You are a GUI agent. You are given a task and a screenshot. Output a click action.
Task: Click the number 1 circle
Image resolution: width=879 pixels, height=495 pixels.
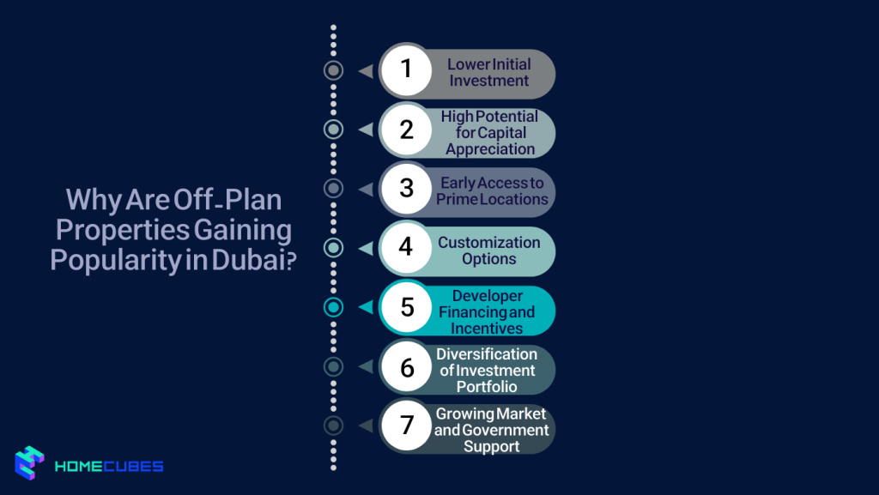tap(407, 69)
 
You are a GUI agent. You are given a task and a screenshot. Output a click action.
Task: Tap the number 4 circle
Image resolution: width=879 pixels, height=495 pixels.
tap(407, 248)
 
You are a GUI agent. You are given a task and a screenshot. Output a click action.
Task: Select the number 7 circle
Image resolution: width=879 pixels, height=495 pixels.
tap(407, 426)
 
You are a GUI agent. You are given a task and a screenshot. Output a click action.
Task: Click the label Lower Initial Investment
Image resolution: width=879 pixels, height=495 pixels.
tap(488, 72)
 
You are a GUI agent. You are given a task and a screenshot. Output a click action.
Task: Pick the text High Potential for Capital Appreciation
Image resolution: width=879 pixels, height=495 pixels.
tap(490, 132)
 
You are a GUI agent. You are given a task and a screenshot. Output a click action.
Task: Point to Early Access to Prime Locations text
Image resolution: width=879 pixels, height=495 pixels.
tap(492, 190)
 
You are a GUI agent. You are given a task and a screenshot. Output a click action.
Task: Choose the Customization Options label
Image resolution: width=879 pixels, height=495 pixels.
tap(489, 251)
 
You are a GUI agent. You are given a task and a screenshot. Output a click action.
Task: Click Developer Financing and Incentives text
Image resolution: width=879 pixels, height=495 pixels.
tap(487, 311)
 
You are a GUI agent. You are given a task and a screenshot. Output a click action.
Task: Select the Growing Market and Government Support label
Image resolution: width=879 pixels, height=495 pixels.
tap(491, 430)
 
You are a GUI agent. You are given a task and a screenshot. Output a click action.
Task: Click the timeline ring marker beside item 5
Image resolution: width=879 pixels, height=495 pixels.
tap(333, 307)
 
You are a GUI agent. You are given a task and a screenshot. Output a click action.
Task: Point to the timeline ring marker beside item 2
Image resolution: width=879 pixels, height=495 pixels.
tap(333, 130)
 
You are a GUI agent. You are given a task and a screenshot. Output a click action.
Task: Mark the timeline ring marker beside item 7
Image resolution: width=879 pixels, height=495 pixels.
tap(333, 426)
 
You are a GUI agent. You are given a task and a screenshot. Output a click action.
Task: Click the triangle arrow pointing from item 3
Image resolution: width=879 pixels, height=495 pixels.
tap(366, 189)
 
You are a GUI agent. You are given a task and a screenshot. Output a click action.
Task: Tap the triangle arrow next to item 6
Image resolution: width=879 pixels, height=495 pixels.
tap(366, 366)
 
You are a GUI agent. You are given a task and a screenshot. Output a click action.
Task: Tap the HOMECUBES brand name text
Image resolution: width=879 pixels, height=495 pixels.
tap(108, 467)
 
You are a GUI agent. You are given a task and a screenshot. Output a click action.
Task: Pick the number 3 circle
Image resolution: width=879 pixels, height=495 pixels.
tap(407, 189)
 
